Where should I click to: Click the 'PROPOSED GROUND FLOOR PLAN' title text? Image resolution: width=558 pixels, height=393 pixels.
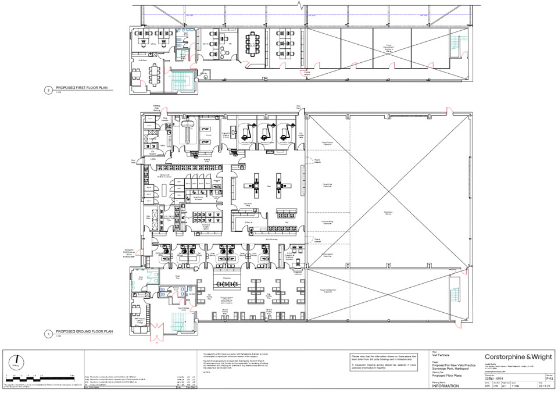(84, 334)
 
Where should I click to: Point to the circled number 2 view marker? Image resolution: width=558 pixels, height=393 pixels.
(48, 90)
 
